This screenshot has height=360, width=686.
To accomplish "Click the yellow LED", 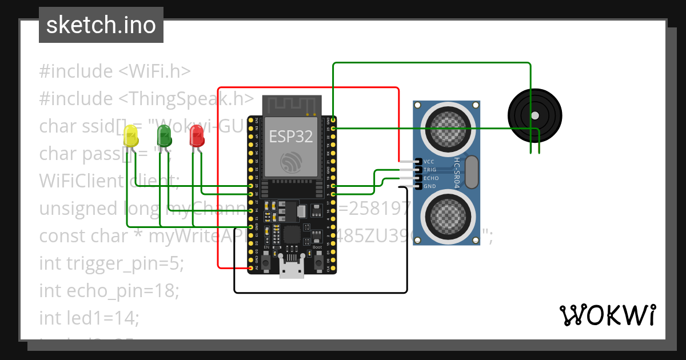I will pos(131,137).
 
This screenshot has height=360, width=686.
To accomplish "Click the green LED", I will pos(164,136).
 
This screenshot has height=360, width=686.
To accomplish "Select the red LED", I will pos(197,135).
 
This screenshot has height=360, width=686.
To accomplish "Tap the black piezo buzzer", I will pos(535,115).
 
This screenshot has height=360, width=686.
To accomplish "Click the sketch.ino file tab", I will pos(101,25).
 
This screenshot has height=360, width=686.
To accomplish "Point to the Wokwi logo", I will pos(607,315).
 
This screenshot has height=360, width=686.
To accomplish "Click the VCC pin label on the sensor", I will pos(429,162).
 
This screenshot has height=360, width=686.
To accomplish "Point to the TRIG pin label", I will pos(429,170).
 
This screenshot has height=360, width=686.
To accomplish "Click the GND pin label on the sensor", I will pos(429,186).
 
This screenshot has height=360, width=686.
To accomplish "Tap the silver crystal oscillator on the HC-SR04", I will pos(472,171).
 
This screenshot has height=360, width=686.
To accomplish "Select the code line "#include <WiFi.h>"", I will pos(114,71).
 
